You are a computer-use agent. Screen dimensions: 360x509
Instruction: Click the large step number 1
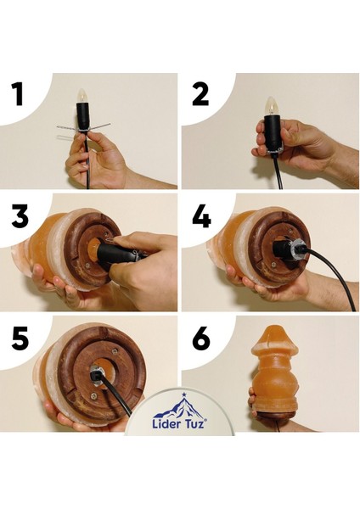pos(18,94)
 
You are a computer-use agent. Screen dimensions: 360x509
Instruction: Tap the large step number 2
pos(200,94)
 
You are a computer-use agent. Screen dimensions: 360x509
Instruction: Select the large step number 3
pos(20,215)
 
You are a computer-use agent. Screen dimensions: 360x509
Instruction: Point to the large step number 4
pos(201,215)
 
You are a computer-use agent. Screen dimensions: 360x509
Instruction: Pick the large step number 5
pos(20,338)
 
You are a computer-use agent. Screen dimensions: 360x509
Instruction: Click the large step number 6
pos(201,338)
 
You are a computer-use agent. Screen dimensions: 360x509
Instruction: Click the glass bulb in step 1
pos(82,96)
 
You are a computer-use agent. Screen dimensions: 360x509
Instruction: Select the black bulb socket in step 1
pos(82,116)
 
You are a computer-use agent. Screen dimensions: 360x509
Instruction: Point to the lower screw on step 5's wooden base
pos(94,395)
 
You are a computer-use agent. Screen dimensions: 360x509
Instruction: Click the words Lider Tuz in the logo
pos(178,423)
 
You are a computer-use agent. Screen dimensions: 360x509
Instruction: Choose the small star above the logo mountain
pos(184,394)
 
